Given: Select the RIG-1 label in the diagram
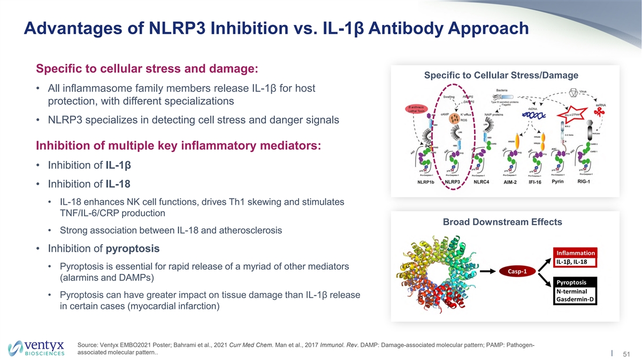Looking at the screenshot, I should point(577,182).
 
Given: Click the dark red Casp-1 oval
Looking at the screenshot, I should point(517,271).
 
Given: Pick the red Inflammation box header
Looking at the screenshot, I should point(575,252).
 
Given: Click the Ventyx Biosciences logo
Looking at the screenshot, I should point(36,347).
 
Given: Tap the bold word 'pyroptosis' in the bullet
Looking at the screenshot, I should point(133,249).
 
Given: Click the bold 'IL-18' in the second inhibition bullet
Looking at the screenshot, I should point(117,185).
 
